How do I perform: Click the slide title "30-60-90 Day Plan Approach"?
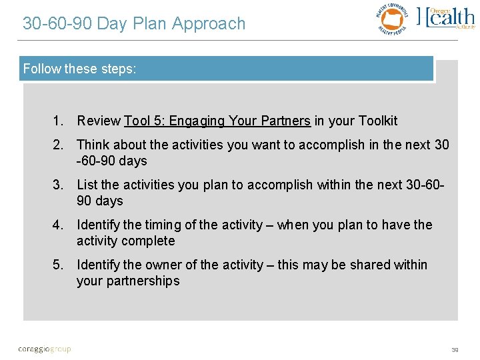click(x=134, y=24)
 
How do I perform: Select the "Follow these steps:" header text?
click(x=80, y=69)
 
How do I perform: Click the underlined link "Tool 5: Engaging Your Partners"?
click(x=217, y=121)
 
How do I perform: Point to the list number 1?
click(x=59, y=121)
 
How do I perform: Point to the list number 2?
click(x=59, y=145)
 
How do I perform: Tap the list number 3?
click(x=59, y=185)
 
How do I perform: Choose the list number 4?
click(x=59, y=225)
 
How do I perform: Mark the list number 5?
click(x=59, y=265)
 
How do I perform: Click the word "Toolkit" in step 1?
click(x=377, y=121)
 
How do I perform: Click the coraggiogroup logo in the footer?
click(x=45, y=349)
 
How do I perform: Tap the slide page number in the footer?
click(x=455, y=349)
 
